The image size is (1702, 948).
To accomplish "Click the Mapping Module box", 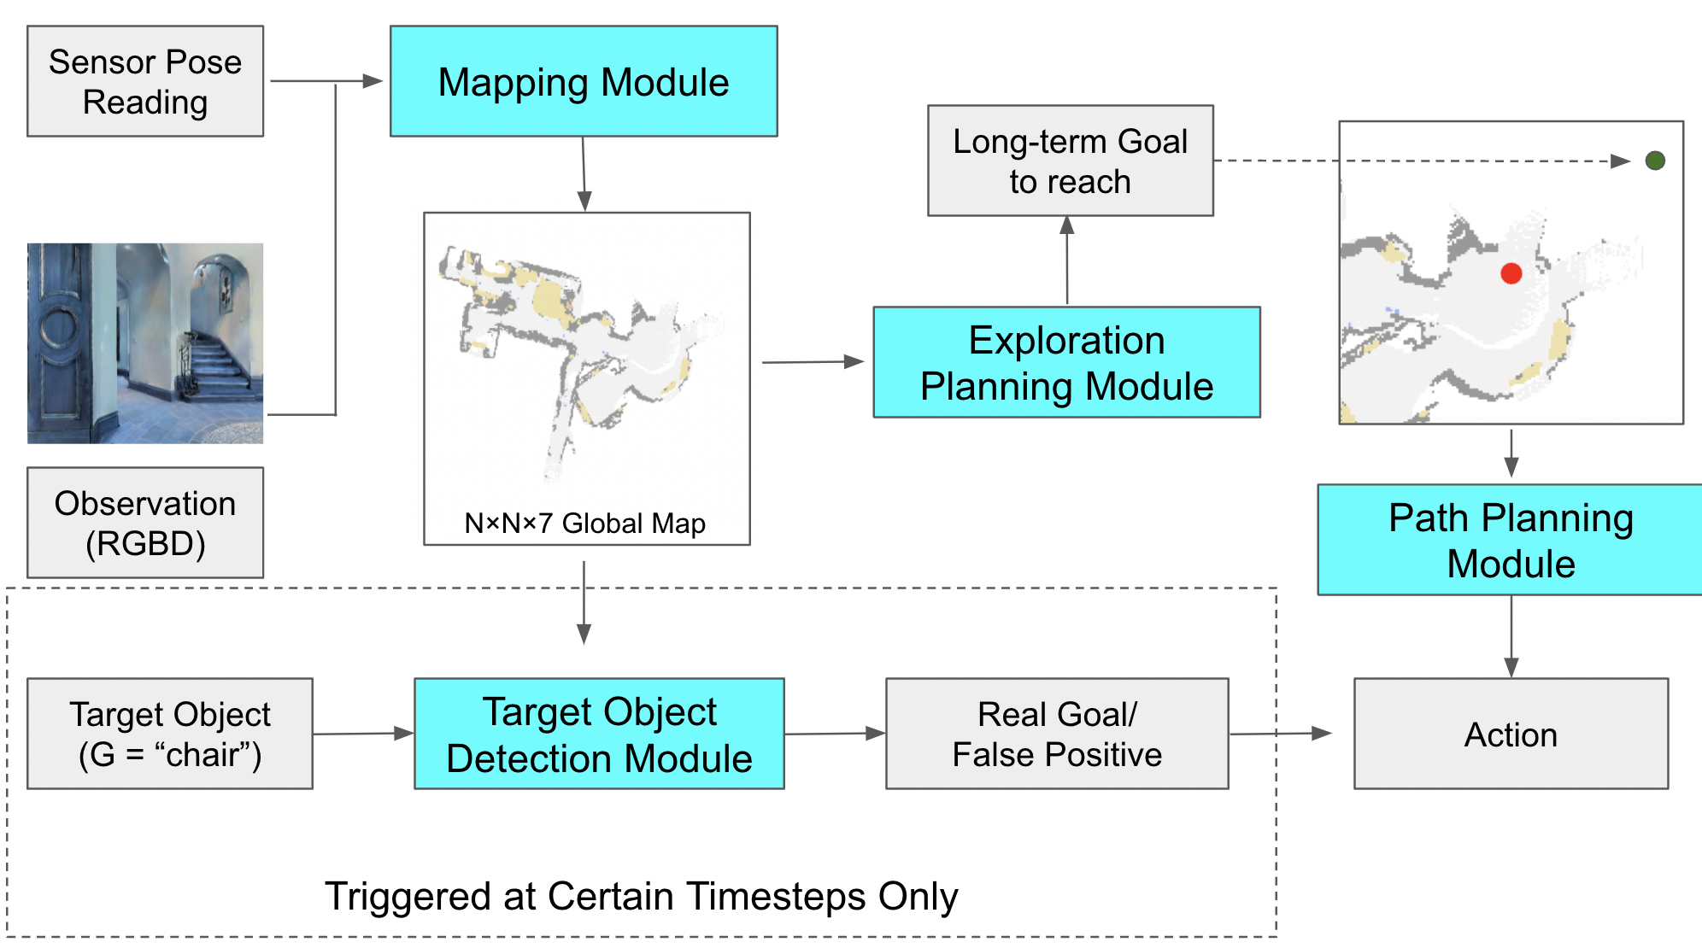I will point(584,81).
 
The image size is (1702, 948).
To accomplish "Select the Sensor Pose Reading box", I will point(145,81).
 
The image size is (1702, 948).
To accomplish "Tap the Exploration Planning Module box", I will point(1066,362).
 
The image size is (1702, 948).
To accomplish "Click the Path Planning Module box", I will point(1510,540).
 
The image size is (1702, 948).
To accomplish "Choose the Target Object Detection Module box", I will point(599,734).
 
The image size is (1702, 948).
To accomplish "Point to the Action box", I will point(1511,734).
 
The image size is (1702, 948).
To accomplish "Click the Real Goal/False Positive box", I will point(1057,734).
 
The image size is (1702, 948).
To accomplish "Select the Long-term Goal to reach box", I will point(1070,161).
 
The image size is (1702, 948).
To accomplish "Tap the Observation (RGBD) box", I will point(145,523).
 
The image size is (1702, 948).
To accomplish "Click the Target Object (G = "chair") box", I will point(170,734).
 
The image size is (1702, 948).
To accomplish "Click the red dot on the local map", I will point(1511,273).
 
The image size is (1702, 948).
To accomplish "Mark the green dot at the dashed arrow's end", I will point(1654,161).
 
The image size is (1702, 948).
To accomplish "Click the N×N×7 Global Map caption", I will point(584,523).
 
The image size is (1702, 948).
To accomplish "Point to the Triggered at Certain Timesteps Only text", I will point(641,896).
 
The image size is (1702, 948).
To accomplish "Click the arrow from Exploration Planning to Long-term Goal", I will point(1066,260).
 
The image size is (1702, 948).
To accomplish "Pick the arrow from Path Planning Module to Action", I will point(1511,636).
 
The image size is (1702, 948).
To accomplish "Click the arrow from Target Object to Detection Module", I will point(363,734).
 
